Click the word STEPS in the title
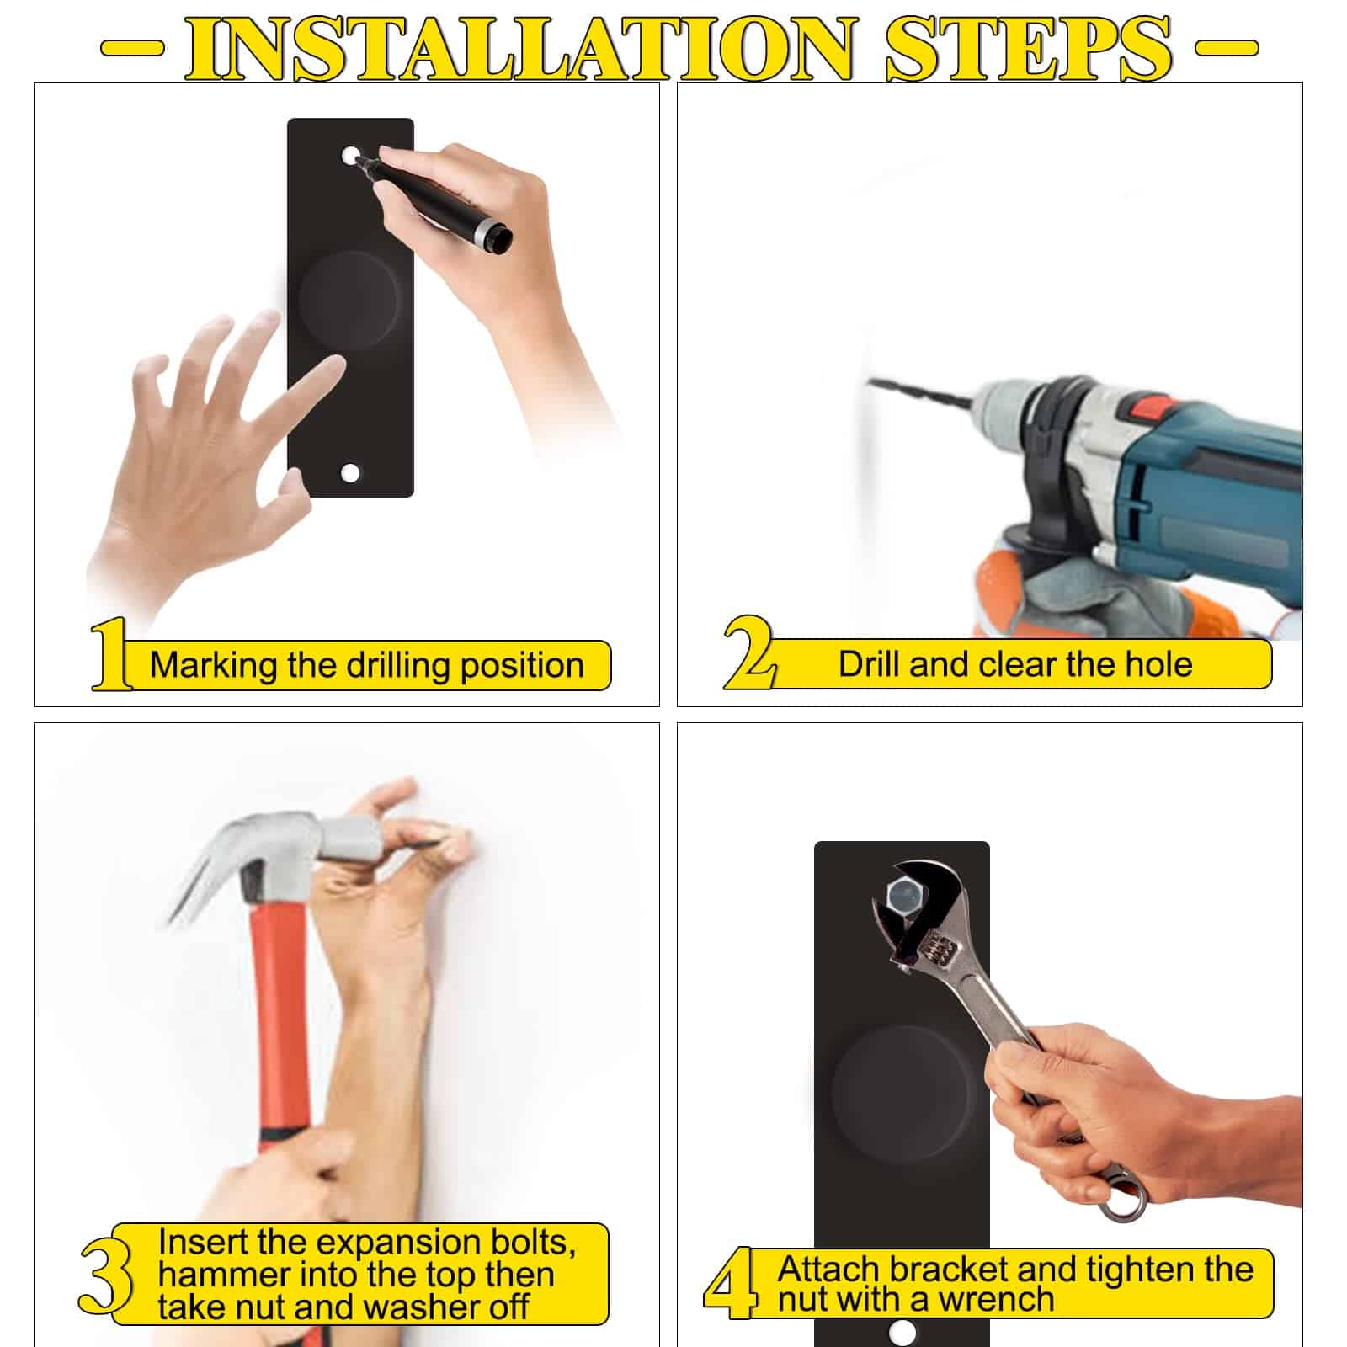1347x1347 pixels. [x=1028, y=47]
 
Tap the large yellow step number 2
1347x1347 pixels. [x=748, y=653]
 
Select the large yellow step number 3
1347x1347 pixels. [x=106, y=1273]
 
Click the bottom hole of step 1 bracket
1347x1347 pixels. [x=350, y=472]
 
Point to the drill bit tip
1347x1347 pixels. [x=870, y=382]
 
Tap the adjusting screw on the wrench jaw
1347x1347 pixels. [x=943, y=952]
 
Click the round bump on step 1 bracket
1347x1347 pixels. [x=349, y=299]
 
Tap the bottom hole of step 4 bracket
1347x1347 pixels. [x=902, y=1333]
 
